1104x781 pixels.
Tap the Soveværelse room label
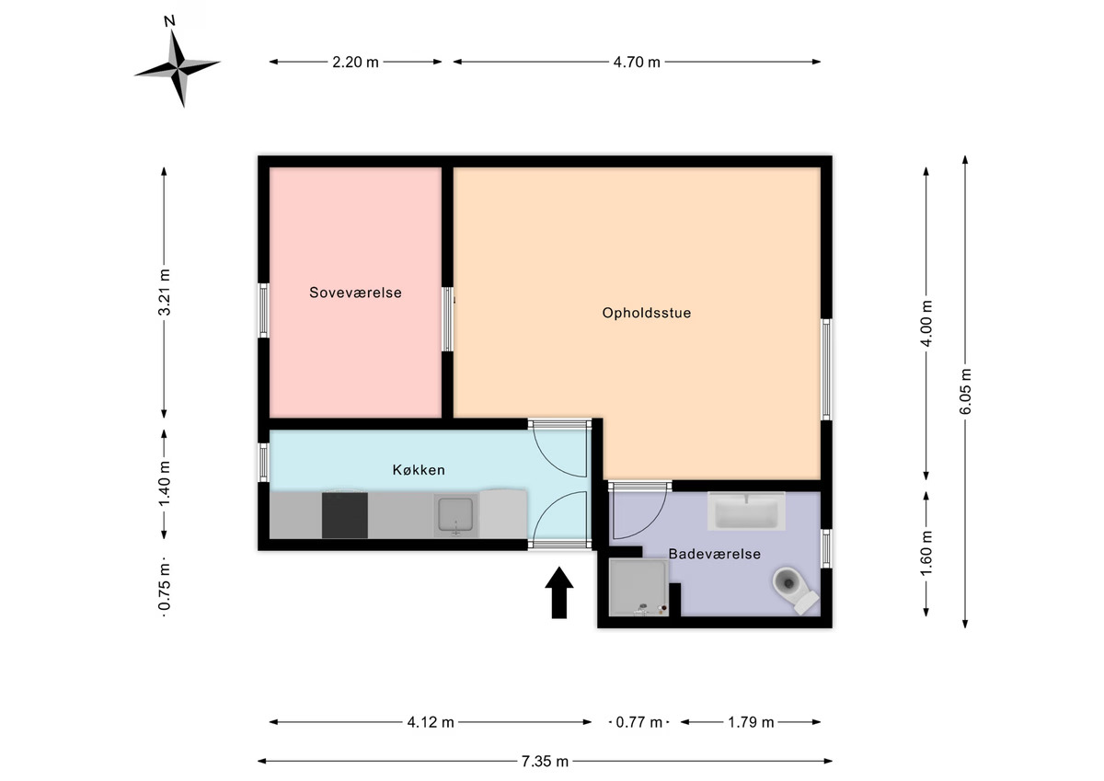click(355, 293)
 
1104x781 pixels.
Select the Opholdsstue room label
click(647, 313)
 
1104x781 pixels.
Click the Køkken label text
click(419, 470)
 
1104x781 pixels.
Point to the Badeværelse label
click(715, 554)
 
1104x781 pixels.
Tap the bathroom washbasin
click(746, 511)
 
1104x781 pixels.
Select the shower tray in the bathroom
click(638, 587)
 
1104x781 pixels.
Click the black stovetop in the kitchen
click(344, 515)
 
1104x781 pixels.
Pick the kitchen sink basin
click(456, 515)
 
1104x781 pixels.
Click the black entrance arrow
click(559, 592)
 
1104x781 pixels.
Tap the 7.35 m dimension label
click(545, 762)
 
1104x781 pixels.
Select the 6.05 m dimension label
click(965, 391)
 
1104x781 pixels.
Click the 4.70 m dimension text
click(637, 62)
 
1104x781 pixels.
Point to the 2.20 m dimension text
click(355, 62)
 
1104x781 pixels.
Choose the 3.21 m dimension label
click(164, 293)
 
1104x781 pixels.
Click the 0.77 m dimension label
click(639, 722)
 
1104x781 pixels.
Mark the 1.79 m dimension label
click(751, 722)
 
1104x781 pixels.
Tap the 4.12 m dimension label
click(431, 722)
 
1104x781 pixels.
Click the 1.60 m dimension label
click(926, 552)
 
